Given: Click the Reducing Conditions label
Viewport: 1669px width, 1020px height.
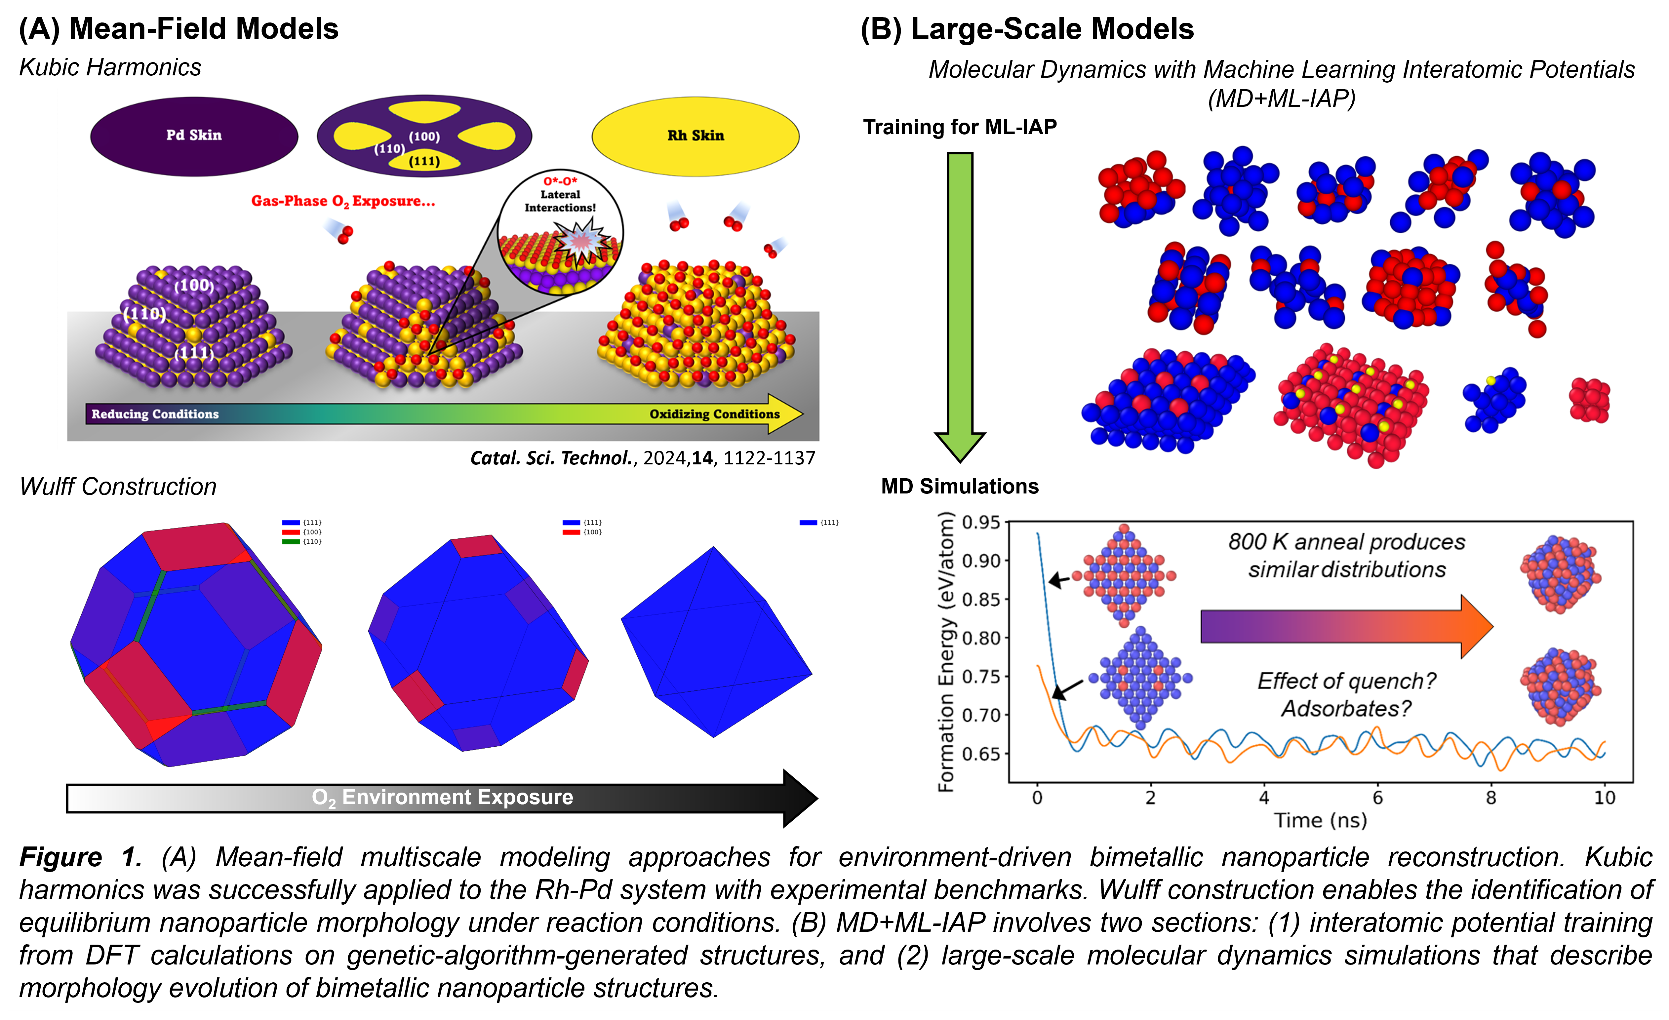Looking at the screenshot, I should tap(155, 414).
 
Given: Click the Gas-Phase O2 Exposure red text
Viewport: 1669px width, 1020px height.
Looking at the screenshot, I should tap(343, 201).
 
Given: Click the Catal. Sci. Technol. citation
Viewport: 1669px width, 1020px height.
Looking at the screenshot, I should tap(642, 458).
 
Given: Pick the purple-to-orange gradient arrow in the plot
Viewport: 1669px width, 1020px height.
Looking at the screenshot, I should tap(1344, 626).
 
